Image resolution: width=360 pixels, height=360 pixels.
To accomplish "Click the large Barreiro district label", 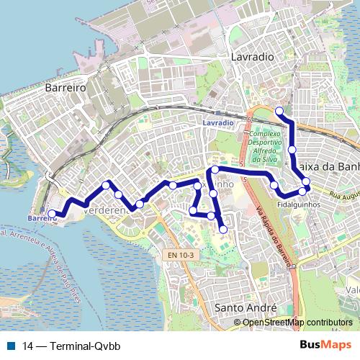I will click(66, 86).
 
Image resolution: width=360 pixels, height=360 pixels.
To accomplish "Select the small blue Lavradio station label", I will click(218, 123).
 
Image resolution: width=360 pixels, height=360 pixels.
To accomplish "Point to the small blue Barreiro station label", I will click(42, 217).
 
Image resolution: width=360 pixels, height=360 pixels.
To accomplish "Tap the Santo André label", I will click(246, 307).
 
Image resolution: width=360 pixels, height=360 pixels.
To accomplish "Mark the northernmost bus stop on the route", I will click(279, 110).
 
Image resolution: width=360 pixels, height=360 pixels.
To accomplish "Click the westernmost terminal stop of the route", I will click(52, 213).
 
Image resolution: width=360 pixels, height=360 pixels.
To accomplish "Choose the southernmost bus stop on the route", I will click(223, 229).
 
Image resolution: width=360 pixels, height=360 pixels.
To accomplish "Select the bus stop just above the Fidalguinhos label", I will click(302, 192).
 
